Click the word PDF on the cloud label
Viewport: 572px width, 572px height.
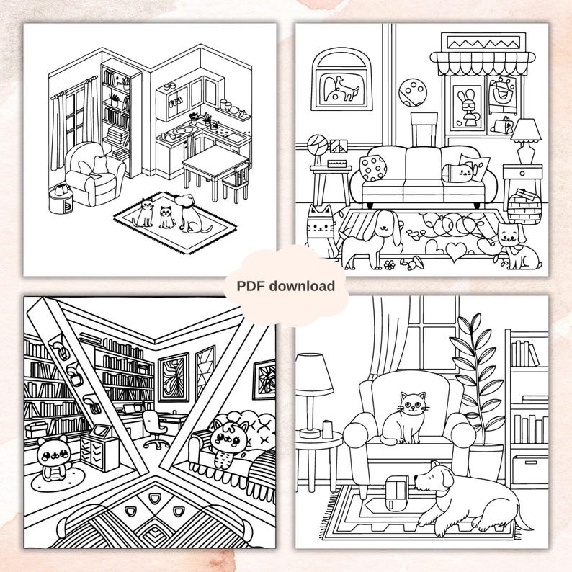(x=252, y=286)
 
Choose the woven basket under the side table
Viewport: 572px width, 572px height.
(x=524, y=207)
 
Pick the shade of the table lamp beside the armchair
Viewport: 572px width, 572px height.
(x=314, y=373)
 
